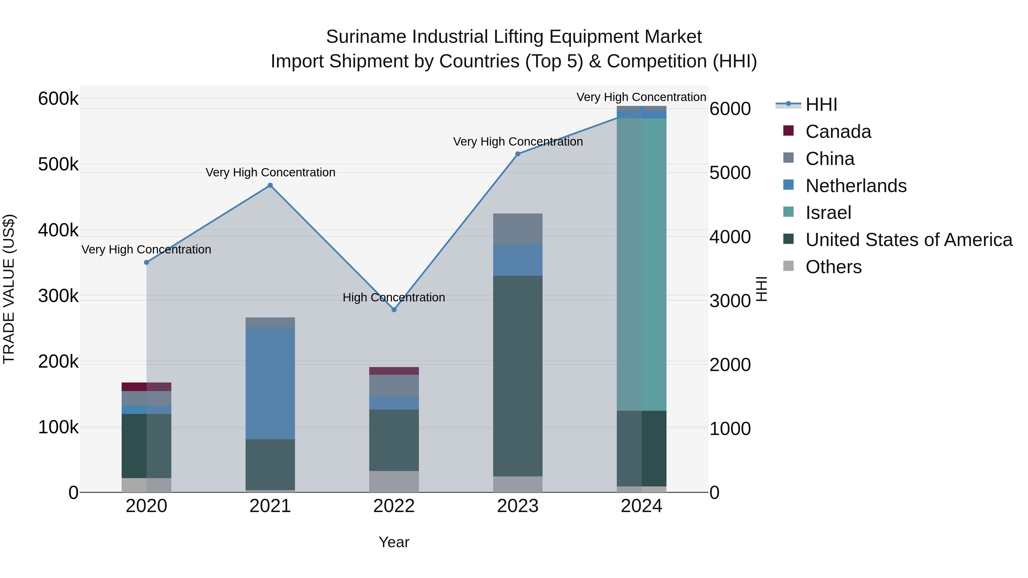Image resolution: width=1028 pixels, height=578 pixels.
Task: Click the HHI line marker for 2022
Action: pos(394,309)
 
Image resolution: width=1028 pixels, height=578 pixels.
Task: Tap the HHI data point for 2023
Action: pos(518,154)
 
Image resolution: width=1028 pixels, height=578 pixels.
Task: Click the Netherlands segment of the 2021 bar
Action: pos(270,383)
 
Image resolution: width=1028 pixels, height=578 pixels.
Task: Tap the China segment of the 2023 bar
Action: pos(518,229)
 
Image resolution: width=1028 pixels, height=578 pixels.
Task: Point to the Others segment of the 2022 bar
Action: pos(394,482)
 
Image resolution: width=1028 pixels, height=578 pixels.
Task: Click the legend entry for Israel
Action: pos(828,213)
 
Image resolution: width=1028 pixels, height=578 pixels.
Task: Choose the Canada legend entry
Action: pos(838,132)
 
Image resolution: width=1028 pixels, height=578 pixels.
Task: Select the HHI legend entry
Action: pos(821,104)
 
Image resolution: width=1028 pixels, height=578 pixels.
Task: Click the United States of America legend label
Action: pos(909,240)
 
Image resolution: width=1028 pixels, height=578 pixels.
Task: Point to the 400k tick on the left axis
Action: pos(58,230)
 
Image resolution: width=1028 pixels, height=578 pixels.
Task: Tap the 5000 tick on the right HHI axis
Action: pos(730,173)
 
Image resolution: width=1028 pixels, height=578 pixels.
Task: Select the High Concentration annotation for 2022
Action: pos(394,298)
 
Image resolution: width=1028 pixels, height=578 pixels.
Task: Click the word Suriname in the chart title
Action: pos(366,37)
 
